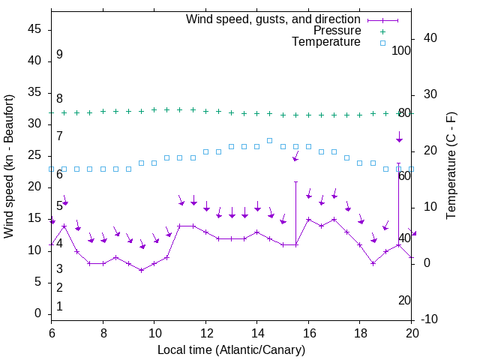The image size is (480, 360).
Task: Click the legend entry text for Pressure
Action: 337,31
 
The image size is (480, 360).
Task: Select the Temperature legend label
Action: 326,42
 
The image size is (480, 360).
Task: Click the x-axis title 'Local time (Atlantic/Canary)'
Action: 231,349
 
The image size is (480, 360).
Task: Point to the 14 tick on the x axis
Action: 257,333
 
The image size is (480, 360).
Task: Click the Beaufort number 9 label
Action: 59,55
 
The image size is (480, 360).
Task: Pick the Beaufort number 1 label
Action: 59,306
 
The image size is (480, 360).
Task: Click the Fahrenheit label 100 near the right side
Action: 402,50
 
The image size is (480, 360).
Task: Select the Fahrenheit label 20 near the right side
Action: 405,300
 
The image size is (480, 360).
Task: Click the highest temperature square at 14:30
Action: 270,140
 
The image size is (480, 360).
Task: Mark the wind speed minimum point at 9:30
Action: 141,270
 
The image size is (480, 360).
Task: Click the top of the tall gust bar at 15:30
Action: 295,181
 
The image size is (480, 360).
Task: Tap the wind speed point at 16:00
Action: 308,220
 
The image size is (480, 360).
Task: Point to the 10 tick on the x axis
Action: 154,333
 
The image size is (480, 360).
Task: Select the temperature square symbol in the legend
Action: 382,43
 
